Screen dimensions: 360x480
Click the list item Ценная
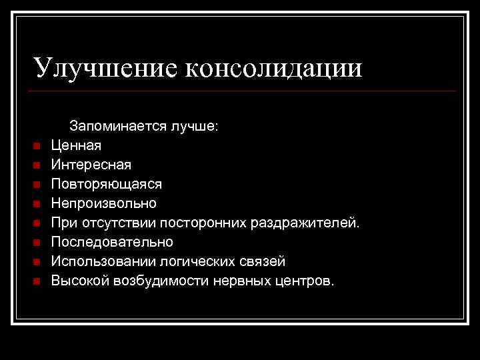[77, 145]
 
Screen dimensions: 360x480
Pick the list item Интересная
[91, 164]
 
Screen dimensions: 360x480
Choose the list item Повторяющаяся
[106, 183]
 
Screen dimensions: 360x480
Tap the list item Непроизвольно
[104, 203]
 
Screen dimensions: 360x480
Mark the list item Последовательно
[112, 241]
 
